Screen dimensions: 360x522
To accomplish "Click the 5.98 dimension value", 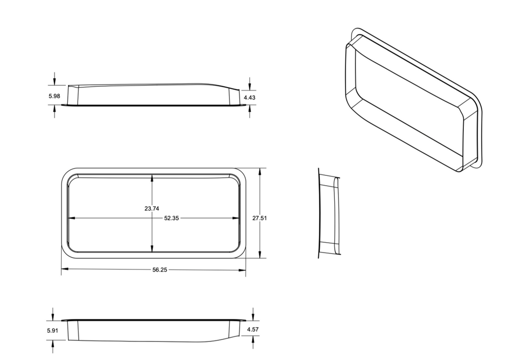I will pyautogui.click(x=54, y=96).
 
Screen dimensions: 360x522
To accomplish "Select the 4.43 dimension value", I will pyautogui.click(x=249, y=97).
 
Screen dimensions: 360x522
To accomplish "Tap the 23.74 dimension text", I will pyautogui.click(x=152, y=208).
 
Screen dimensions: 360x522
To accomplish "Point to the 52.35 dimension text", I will pyautogui.click(x=171, y=218).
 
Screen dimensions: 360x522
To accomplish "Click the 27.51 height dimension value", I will pyautogui.click(x=259, y=218).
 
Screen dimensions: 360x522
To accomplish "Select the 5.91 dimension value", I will pyautogui.click(x=53, y=330).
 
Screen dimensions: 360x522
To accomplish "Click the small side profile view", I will pyautogui.click(x=329, y=211).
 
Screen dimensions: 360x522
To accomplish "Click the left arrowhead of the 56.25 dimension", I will pyautogui.click(x=64, y=269).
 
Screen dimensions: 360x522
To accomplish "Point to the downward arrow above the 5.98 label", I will pyautogui.click(x=55, y=82).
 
